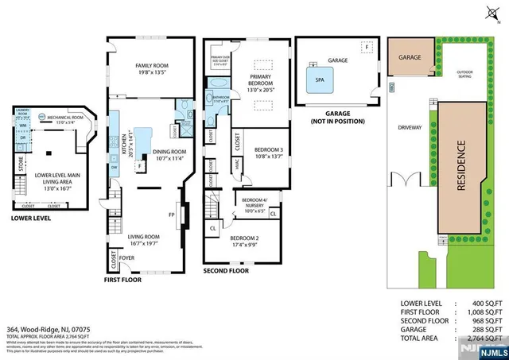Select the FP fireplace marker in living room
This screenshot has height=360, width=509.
pos(173,214)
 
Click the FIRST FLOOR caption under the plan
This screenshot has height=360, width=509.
pos(125,280)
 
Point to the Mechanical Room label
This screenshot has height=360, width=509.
pos(61,118)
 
